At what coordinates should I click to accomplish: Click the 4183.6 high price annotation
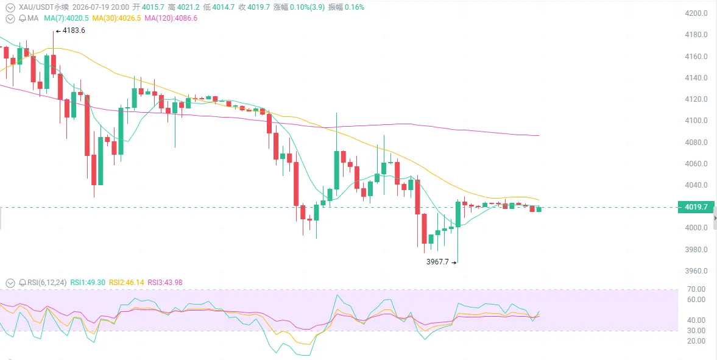(70, 30)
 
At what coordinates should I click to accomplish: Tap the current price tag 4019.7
(696, 207)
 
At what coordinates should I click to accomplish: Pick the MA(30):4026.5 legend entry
(116, 18)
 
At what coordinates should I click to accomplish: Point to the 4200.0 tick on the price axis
(696, 13)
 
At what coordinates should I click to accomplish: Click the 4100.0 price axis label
(696, 121)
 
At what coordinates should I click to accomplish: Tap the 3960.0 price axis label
(696, 271)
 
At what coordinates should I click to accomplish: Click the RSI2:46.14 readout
(126, 282)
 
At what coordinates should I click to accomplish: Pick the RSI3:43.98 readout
(164, 282)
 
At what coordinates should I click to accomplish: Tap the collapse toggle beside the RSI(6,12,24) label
(10, 283)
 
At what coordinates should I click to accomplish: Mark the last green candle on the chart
(539, 209)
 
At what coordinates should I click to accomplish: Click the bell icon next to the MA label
(23, 18)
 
